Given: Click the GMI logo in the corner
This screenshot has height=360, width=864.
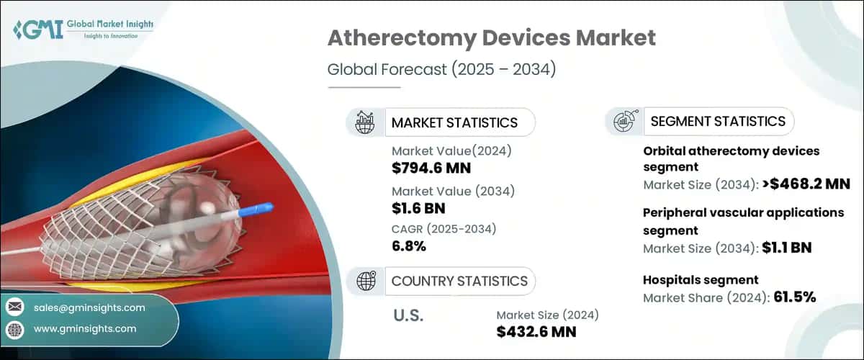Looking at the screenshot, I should [x=29, y=30].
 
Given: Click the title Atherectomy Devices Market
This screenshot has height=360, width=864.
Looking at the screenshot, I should [x=491, y=38].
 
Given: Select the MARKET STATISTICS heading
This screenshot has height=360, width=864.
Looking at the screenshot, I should [x=454, y=122].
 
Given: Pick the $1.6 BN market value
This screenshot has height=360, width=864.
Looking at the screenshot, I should [x=418, y=209].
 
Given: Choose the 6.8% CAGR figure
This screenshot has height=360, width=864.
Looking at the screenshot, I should [x=409, y=247].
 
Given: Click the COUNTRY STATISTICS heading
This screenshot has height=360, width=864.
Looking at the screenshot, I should [x=459, y=281].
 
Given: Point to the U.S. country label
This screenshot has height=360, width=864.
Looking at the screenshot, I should [x=409, y=315].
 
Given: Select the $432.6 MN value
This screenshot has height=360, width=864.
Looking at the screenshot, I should [x=536, y=331].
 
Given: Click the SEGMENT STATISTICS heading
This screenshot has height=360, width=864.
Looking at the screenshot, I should [x=718, y=122].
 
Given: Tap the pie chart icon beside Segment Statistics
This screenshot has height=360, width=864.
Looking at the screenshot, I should [x=624, y=122].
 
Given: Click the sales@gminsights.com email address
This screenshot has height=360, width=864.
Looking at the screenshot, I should [x=89, y=307].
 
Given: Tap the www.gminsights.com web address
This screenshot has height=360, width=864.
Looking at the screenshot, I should [x=85, y=328].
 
